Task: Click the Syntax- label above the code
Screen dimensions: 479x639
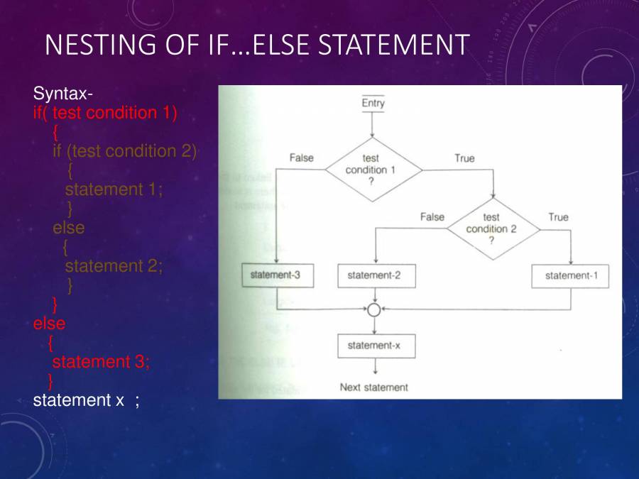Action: pyautogui.click(x=62, y=94)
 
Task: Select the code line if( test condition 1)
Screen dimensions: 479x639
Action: pyautogui.click(x=105, y=113)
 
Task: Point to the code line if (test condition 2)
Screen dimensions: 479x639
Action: pyautogui.click(x=125, y=151)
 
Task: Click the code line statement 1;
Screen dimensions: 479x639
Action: pyautogui.click(x=114, y=189)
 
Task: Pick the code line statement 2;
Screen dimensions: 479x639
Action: pyautogui.click(x=114, y=266)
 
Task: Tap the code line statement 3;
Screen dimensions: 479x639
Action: pyautogui.click(x=101, y=361)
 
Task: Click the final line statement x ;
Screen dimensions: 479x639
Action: pyautogui.click(x=86, y=400)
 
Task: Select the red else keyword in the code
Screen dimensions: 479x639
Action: pyautogui.click(x=49, y=324)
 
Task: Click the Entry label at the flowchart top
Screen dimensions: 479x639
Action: pyautogui.click(x=373, y=104)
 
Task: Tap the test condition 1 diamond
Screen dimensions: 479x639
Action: pyautogui.click(x=373, y=170)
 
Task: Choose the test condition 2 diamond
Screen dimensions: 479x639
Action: pyautogui.click(x=491, y=229)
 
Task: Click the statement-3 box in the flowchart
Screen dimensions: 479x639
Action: pyautogui.click(x=276, y=275)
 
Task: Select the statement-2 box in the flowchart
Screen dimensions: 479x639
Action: pyautogui.click(x=375, y=276)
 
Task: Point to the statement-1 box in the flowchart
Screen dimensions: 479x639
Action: pyautogui.click(x=570, y=276)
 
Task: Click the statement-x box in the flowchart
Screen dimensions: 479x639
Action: pyautogui.click(x=375, y=346)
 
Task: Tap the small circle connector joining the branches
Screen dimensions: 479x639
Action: pyautogui.click(x=374, y=309)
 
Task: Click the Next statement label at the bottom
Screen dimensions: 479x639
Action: pyautogui.click(x=374, y=387)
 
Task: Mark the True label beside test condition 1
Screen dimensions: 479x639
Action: pyautogui.click(x=464, y=158)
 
